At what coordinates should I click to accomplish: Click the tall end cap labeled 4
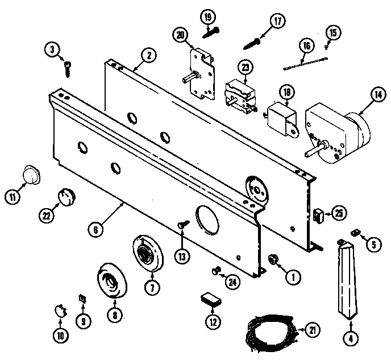point(347,279)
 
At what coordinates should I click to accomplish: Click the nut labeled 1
point(272,259)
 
